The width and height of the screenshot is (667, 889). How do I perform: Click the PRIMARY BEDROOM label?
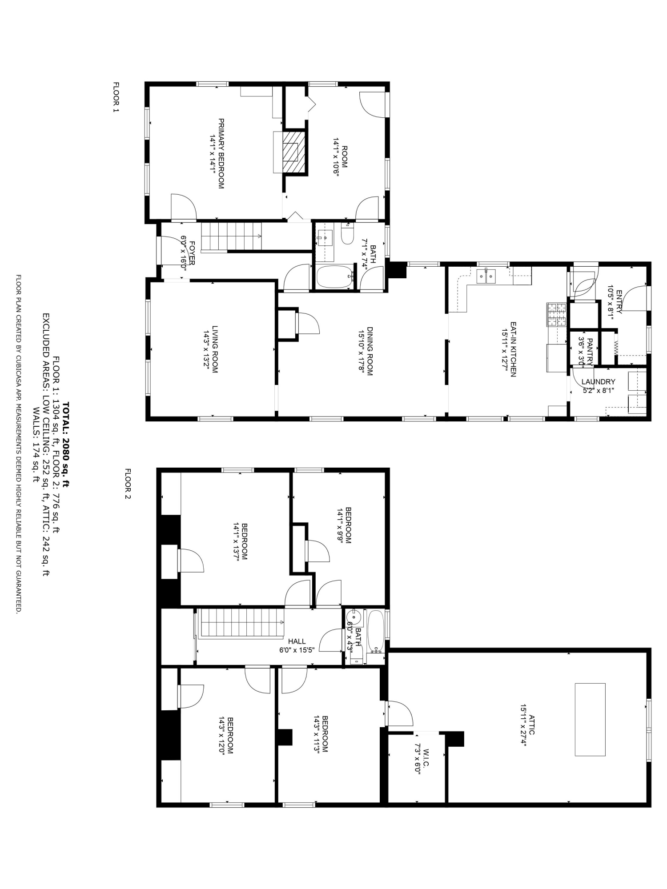pos(221,153)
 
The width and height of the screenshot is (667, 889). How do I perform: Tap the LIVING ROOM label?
pos(215,349)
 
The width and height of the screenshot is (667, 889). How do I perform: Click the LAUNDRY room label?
pos(599,382)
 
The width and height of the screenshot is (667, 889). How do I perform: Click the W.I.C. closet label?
pos(426,762)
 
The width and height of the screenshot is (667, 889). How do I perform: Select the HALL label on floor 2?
pos(297,641)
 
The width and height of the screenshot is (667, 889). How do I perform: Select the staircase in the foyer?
pos(231,236)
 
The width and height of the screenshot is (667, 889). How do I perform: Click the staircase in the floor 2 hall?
pos(242,623)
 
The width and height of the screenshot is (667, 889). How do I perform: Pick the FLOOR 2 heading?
pos(128,483)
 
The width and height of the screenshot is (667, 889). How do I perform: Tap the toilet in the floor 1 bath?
pos(347,235)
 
